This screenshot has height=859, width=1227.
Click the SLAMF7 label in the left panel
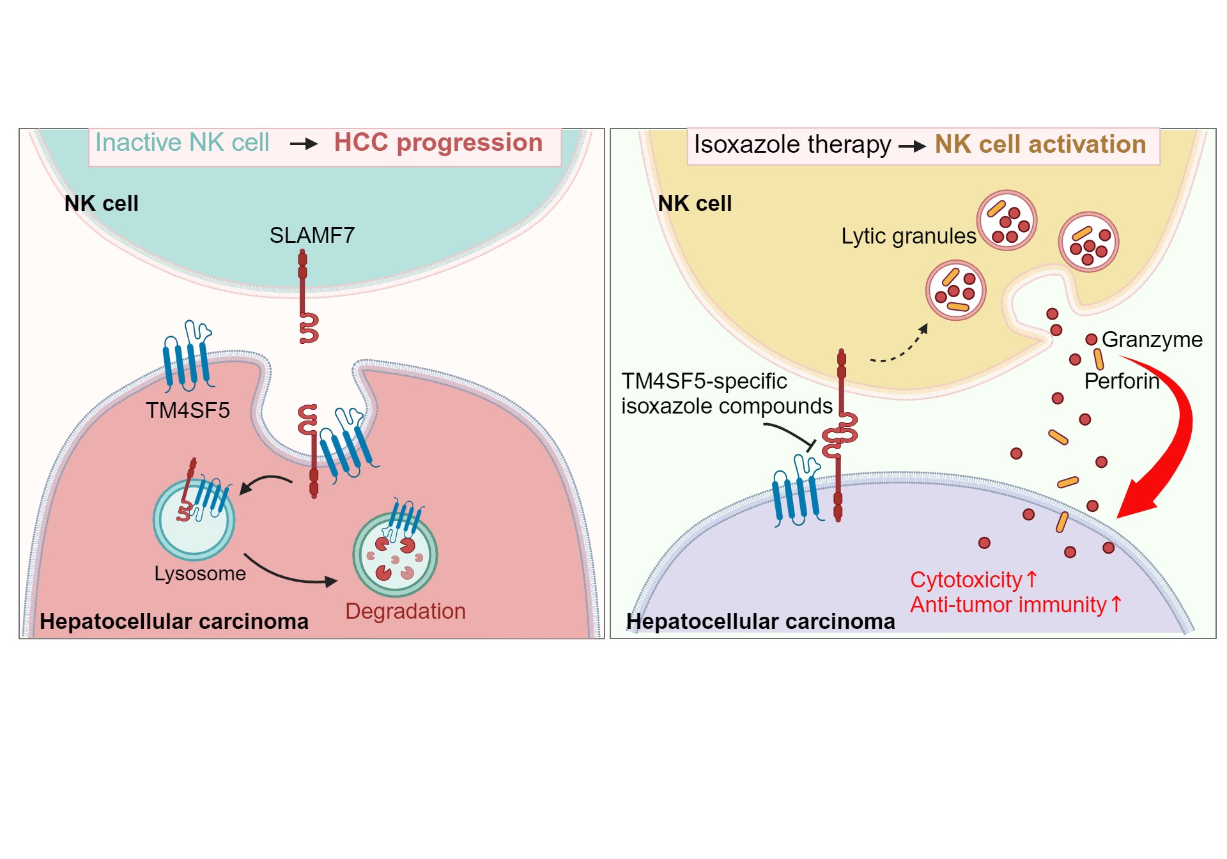311,235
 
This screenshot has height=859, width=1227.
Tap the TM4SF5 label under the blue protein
187,410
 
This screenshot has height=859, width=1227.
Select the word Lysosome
199,573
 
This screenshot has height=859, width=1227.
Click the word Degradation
405,611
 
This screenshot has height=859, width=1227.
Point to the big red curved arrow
1173,435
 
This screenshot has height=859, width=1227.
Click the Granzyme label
1152,339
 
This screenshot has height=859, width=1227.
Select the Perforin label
1122,381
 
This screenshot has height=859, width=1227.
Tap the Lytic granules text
908,236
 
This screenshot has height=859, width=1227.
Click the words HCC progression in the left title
438,143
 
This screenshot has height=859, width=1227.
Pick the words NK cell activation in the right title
1040,144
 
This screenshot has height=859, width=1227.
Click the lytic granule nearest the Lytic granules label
1007,221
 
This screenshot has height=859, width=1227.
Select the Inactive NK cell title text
182,143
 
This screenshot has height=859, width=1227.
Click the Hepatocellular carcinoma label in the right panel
760,621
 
